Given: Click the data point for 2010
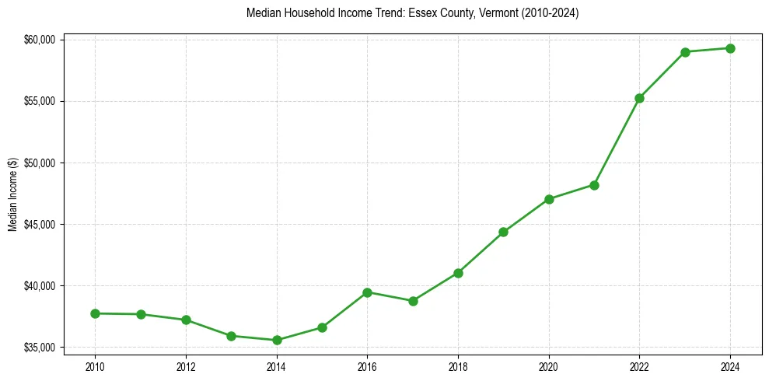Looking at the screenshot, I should click(x=95, y=313).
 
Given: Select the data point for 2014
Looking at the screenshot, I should click(x=277, y=340).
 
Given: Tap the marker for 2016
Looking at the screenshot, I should click(x=367, y=292).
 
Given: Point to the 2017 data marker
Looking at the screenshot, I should click(x=413, y=301).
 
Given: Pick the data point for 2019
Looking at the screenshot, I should click(x=503, y=232).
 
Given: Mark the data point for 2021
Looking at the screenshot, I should click(x=594, y=185).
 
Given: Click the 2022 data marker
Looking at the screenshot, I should click(x=639, y=98).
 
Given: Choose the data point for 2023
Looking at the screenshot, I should click(x=685, y=52).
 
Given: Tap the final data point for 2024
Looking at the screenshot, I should click(x=730, y=48).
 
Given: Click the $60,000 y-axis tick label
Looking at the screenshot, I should click(x=39, y=40).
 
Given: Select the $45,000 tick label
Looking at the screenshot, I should click(x=39, y=225).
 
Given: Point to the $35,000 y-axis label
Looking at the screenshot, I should click(x=39, y=348).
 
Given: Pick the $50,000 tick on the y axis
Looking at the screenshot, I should click(x=39, y=163).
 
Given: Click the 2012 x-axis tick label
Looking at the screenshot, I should click(x=186, y=366).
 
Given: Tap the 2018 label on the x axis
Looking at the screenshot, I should click(x=458, y=366).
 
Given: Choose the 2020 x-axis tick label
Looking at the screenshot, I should click(x=549, y=366).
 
